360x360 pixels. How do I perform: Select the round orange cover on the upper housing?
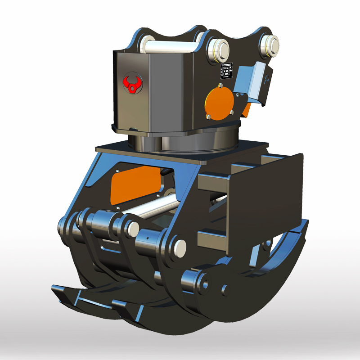click(x=219, y=103)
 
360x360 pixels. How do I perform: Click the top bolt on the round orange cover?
click(x=220, y=85)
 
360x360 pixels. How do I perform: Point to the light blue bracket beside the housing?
click(x=255, y=83)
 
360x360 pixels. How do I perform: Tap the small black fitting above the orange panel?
click(x=166, y=171)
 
